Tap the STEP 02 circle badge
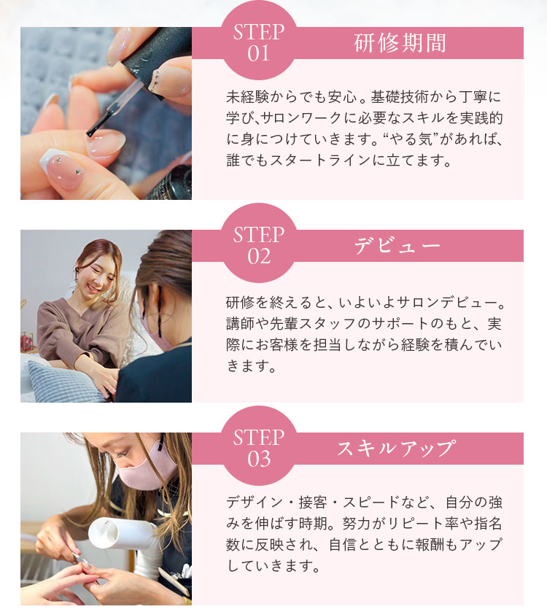(x=259, y=243)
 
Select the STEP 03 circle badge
(x=259, y=446)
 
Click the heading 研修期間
(x=400, y=43)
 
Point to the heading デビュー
(x=397, y=246)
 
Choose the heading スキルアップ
(x=397, y=449)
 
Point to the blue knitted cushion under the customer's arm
(x=63, y=381)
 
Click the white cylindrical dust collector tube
(x=123, y=534)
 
